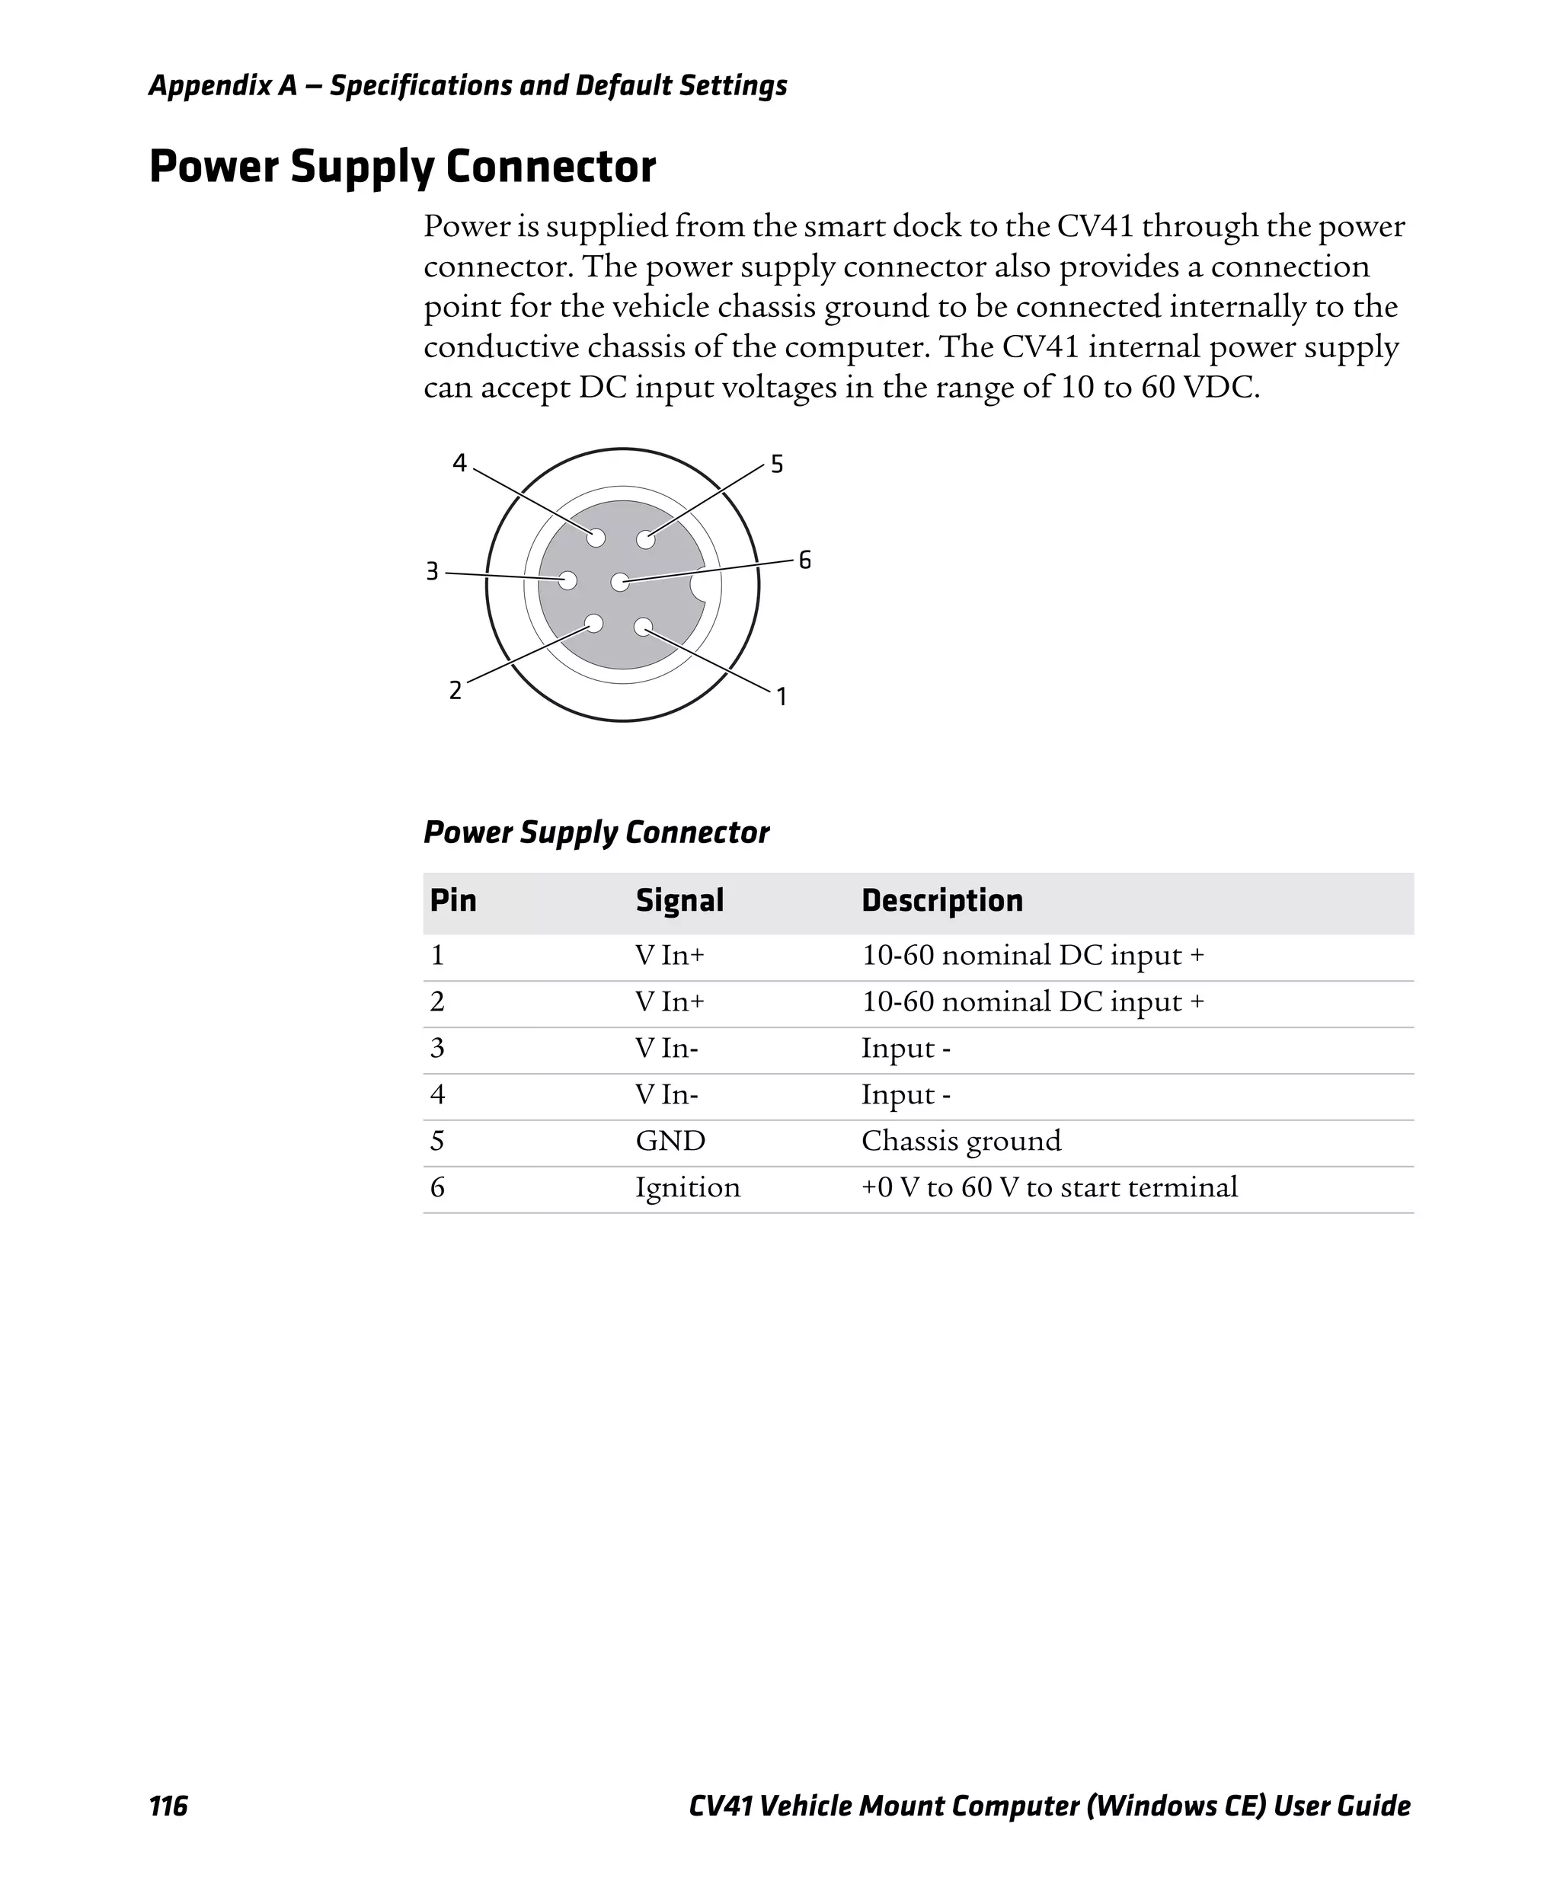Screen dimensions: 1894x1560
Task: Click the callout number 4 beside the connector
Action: pos(459,463)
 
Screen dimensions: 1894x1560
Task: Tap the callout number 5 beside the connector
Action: pos(776,464)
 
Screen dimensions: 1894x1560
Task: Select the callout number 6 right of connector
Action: pos(804,560)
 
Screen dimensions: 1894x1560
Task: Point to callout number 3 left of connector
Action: pos(432,571)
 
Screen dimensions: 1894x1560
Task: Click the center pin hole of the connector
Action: pos(620,583)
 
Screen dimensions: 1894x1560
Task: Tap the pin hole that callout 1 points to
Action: pos(643,627)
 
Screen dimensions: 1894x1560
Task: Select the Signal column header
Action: pos(679,900)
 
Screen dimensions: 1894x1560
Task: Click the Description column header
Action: pos(941,900)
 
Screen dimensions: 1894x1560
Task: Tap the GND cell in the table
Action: pos(670,1141)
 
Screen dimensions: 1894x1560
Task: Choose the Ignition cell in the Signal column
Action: pos(687,1188)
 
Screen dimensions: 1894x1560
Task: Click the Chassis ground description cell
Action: pos(961,1141)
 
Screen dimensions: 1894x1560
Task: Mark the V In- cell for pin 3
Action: pos(667,1048)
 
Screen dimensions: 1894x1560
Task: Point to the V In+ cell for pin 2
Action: pos(670,1001)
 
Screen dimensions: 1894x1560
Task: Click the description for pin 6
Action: pos(1049,1188)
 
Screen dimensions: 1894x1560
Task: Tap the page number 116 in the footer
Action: pos(168,1806)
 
